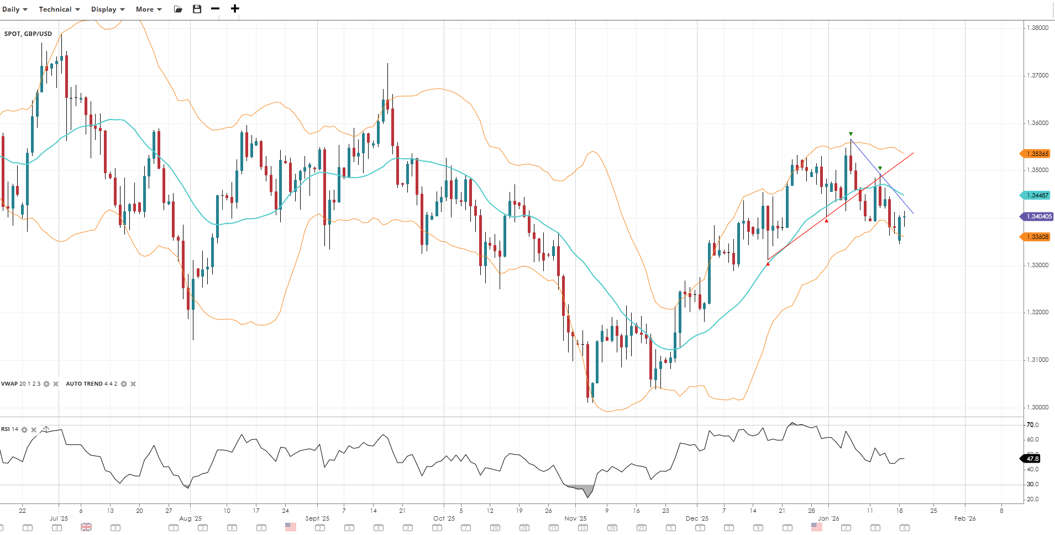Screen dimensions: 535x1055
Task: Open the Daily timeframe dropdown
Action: (x=14, y=9)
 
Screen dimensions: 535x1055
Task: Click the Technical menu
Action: (x=59, y=9)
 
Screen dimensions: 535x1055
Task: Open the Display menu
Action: (x=108, y=9)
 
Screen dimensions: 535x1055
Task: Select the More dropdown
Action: (x=149, y=9)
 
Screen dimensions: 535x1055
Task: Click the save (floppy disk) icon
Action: (x=197, y=9)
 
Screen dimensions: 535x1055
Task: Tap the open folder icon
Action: (x=178, y=9)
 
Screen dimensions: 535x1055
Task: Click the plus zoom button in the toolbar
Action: (x=235, y=9)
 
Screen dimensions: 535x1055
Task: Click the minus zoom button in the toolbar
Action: (x=216, y=9)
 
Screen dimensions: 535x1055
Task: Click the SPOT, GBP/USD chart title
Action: (x=28, y=34)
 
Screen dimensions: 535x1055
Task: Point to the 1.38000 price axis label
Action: (x=1037, y=28)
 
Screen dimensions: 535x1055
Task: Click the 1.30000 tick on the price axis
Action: (x=1037, y=407)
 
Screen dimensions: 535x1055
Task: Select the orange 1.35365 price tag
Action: (x=1036, y=154)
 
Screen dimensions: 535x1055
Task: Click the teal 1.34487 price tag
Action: (x=1036, y=195)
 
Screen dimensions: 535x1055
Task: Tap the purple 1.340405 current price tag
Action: (x=1037, y=216)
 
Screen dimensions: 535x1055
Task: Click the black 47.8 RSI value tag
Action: (x=1032, y=459)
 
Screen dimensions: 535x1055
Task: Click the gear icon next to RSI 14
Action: (x=24, y=430)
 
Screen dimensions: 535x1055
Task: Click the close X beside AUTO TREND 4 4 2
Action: (x=133, y=384)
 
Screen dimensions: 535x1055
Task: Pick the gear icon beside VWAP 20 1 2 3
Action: (x=46, y=384)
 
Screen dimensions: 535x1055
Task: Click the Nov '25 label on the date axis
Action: (x=575, y=518)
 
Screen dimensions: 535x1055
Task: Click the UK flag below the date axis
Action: (x=86, y=527)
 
